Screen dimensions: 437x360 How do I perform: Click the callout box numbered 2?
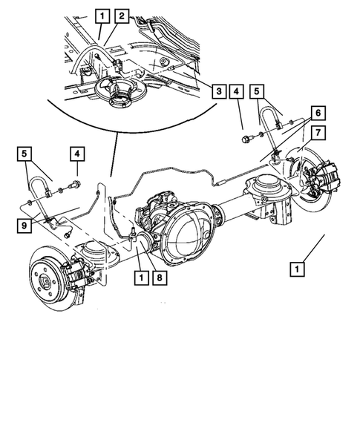122,15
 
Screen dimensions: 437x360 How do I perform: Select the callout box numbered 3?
218,91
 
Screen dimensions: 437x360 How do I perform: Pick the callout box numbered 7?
318,133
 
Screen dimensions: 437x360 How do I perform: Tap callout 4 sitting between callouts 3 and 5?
235,91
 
